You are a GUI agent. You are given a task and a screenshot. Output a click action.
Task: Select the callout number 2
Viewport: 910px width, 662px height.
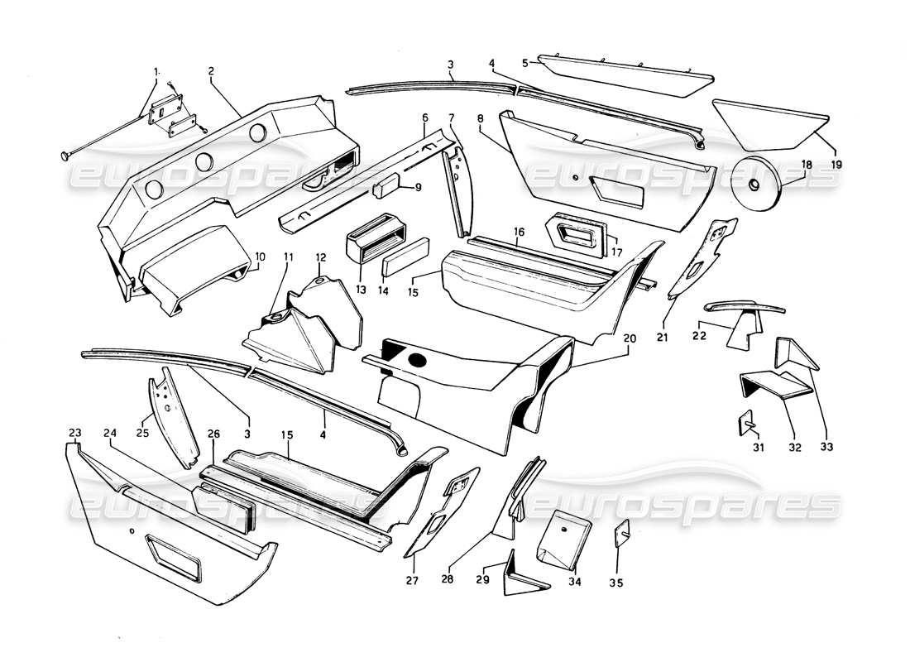pos(211,71)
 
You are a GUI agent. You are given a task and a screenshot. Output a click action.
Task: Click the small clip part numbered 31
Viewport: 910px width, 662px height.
pos(742,423)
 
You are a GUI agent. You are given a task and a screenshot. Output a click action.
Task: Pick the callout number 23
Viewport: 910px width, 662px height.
pos(75,432)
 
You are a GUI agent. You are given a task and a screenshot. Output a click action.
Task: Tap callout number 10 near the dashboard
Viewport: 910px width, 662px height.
pos(261,257)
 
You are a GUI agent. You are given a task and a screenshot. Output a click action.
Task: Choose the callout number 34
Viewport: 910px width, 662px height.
pos(574,582)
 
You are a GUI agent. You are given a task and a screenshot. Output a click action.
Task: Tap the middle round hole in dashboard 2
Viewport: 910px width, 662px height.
pos(202,162)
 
